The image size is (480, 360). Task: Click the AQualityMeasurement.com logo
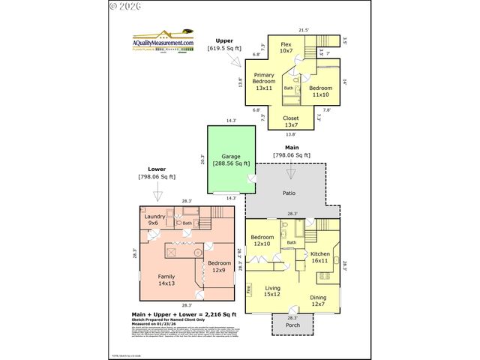pyautogui.click(x=163, y=40)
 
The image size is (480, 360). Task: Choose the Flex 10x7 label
pyautogui.click(x=286, y=48)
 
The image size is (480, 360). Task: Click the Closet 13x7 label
pyautogui.click(x=291, y=121)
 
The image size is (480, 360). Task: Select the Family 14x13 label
pyautogui.click(x=166, y=280)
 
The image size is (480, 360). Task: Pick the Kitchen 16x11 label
pyautogui.click(x=320, y=257)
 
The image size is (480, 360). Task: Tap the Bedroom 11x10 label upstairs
pyautogui.click(x=321, y=91)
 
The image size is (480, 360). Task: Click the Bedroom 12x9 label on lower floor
pyautogui.click(x=220, y=267)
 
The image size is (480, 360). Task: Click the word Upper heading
pyautogui.click(x=224, y=40)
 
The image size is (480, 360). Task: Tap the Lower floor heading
pyautogui.click(x=156, y=169)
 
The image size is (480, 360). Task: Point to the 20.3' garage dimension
pyautogui.click(x=203, y=159)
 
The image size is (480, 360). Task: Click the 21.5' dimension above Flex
pyautogui.click(x=304, y=30)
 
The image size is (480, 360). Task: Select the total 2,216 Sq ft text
pyautogui.click(x=173, y=314)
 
